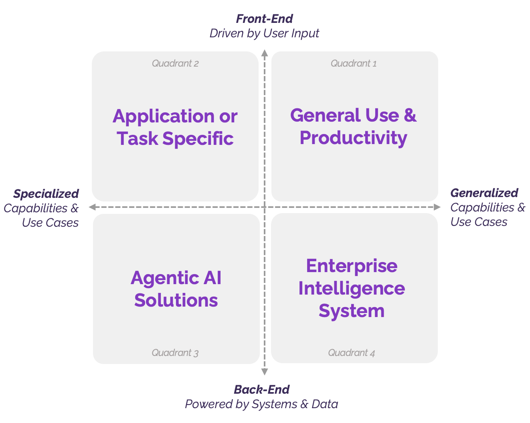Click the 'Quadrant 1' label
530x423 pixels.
(354, 63)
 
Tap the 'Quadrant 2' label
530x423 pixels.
(175, 63)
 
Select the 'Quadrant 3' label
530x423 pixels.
(175, 353)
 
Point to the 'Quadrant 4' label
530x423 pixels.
(352, 353)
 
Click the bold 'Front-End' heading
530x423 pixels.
(264, 19)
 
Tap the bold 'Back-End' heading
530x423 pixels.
(262, 389)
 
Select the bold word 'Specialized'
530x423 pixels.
(46, 194)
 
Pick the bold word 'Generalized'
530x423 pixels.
(484, 193)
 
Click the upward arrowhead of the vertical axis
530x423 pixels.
(265, 53)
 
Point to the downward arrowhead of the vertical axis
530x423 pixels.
(265, 372)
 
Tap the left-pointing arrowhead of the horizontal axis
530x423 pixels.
(92, 207)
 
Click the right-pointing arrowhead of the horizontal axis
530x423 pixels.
(437, 207)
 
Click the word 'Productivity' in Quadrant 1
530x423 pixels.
(353, 138)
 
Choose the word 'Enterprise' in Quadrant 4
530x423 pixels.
(352, 266)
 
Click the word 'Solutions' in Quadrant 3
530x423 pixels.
(176, 300)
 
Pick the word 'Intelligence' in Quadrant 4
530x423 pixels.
(352, 288)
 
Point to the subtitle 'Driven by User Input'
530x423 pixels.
(264, 33)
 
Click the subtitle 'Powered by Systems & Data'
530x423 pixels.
(261, 404)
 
